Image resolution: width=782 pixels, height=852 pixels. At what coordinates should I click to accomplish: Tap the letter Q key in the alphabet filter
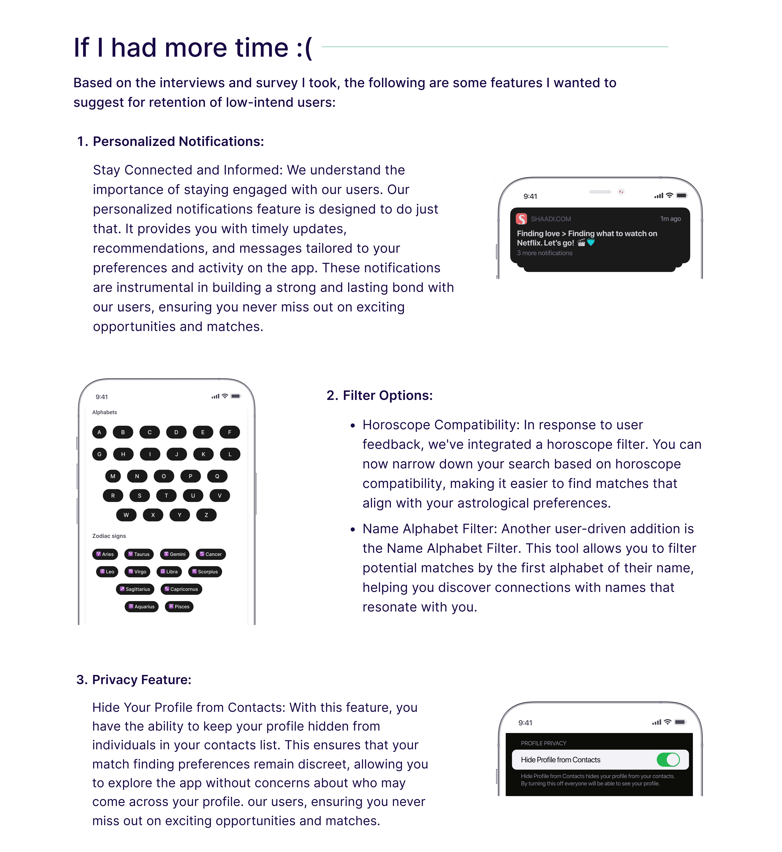[217, 476]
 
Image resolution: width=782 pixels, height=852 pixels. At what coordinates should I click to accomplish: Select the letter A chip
[99, 432]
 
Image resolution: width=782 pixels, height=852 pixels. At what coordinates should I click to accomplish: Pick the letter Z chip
[206, 515]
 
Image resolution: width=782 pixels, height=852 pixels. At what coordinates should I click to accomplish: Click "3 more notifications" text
[545, 253]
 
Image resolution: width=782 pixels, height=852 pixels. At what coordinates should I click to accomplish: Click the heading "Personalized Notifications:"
[178, 141]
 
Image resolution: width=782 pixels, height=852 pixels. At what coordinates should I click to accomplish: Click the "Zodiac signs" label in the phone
[109, 536]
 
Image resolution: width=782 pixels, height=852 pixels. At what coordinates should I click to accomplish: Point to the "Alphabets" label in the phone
[105, 412]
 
